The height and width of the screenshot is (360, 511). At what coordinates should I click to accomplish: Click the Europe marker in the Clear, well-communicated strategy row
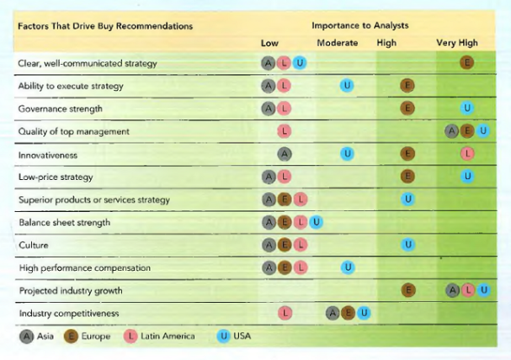[x=467, y=63]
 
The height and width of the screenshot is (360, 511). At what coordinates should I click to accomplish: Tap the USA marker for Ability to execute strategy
[x=346, y=86]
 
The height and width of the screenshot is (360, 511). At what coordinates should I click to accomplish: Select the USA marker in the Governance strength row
[x=468, y=108]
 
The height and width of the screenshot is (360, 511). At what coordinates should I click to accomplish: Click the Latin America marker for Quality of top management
[x=283, y=132]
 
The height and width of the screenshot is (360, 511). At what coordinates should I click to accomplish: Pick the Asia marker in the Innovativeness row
[x=283, y=154]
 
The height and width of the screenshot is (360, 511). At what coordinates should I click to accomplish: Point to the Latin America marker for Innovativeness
[x=468, y=154]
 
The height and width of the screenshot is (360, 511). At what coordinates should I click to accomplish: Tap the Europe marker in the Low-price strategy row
[x=407, y=177]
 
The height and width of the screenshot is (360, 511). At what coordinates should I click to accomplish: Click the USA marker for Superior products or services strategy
[x=407, y=199]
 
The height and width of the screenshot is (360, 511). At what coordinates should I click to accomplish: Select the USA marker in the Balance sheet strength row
[x=316, y=222]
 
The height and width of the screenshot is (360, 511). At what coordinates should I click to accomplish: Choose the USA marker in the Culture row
[x=407, y=245]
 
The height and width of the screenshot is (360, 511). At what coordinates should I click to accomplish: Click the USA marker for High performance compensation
[x=346, y=267]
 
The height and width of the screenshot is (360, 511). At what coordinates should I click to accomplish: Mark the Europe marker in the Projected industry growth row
[x=407, y=290]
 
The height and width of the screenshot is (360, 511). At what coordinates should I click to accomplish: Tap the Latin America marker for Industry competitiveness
[x=283, y=312]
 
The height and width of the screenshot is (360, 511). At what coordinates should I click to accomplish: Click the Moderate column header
[x=337, y=42]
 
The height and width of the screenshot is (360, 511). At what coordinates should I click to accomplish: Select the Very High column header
[x=456, y=42]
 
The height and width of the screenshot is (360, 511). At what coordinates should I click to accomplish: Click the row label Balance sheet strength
[x=64, y=222]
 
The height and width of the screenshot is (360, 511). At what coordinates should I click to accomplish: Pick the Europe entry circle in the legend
[x=73, y=336]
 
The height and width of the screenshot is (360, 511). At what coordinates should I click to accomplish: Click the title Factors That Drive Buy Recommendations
[x=105, y=26]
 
